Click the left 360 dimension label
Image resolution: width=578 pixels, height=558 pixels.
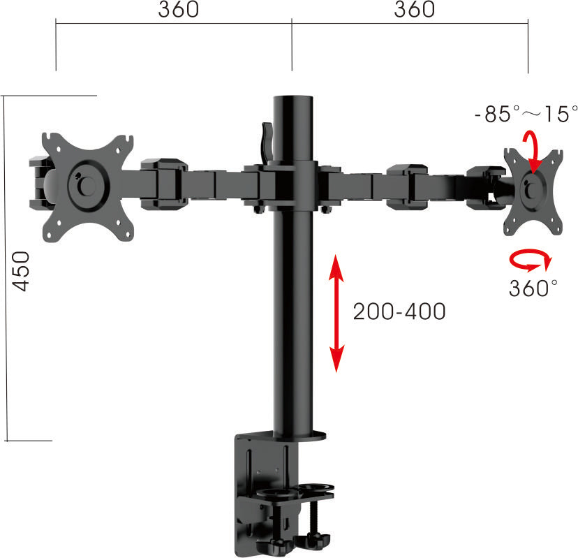[178, 10]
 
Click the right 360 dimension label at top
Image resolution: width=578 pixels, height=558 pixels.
[414, 10]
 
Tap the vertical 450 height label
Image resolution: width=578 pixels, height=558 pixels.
[21, 270]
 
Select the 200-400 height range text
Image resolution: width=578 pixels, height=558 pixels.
[399, 311]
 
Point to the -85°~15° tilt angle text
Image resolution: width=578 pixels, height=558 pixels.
[526, 114]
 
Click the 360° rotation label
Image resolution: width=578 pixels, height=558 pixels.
[533, 288]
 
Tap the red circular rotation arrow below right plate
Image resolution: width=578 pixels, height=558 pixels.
[531, 261]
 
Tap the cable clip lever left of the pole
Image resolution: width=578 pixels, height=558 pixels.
[265, 140]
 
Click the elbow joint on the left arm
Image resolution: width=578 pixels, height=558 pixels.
[163, 184]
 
